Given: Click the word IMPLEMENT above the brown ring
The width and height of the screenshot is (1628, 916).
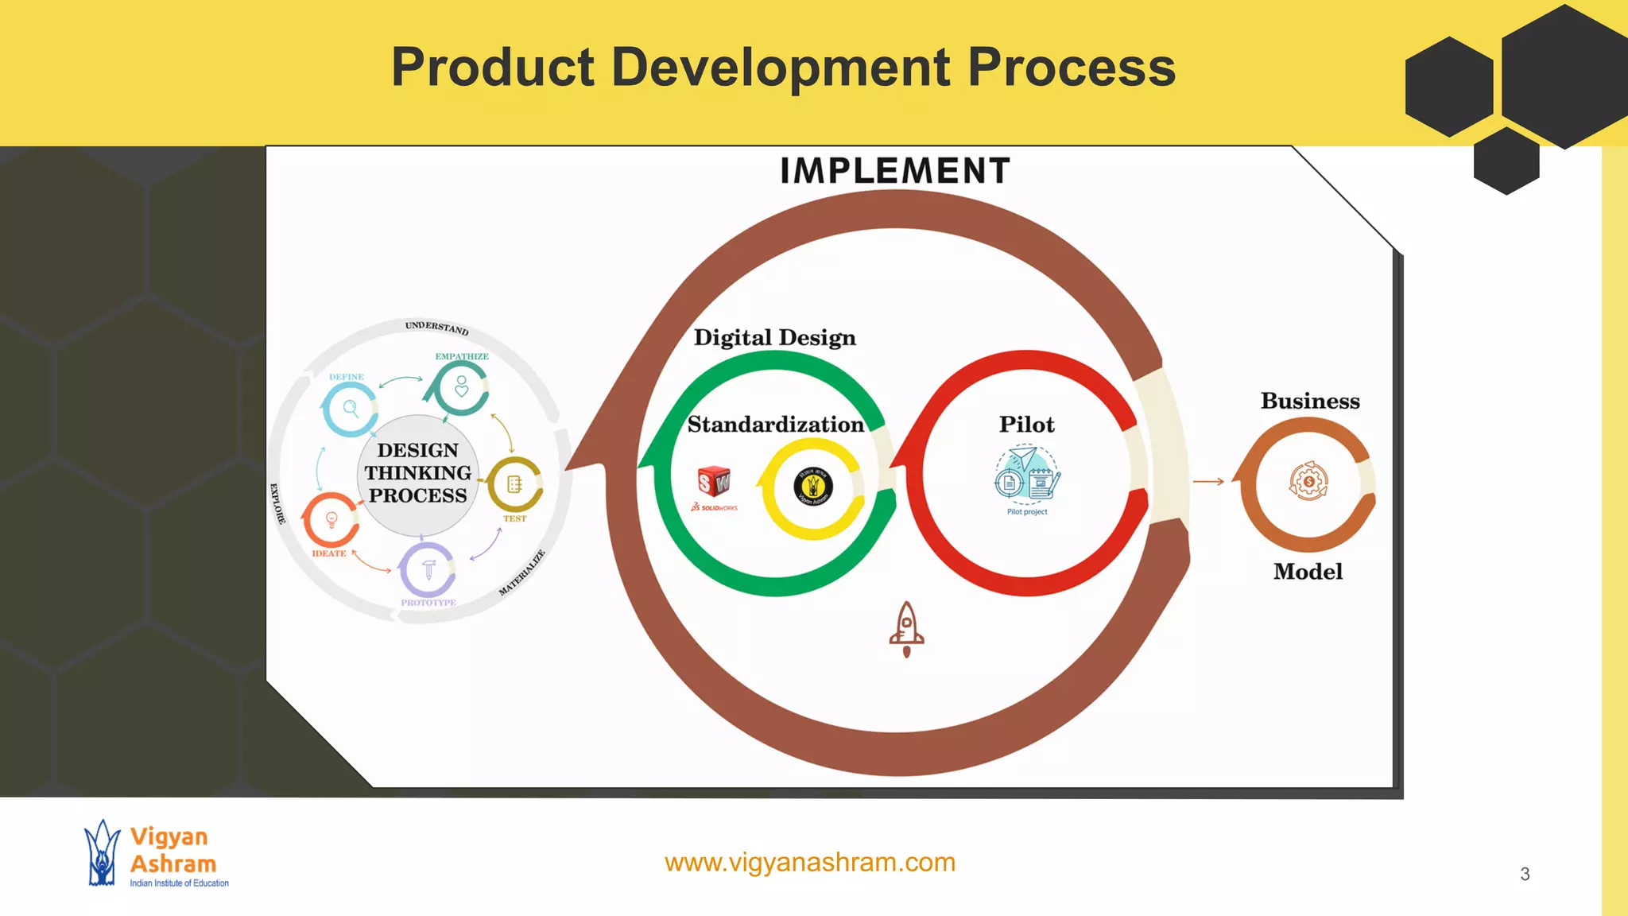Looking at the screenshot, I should tap(894, 171).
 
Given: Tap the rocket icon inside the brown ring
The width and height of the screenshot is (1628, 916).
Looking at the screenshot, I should tap(906, 628).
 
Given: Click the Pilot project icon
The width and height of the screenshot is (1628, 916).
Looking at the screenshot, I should tap(1027, 477).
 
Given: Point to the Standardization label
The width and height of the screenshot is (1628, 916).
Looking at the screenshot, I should tap(775, 425).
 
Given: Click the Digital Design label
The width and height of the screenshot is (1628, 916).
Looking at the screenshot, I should tap(774, 338).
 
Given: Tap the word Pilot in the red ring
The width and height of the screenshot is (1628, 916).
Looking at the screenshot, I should tap(1026, 425).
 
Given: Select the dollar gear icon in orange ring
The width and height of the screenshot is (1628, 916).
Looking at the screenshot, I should tap(1308, 481).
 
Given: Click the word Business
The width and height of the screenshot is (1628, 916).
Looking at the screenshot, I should tap(1310, 401).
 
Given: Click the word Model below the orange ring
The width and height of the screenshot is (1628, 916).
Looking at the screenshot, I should tap(1308, 572).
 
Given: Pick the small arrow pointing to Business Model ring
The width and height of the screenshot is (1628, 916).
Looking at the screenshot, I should tap(1208, 481).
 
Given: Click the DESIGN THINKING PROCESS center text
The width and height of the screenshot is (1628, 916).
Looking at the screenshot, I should tap(418, 473).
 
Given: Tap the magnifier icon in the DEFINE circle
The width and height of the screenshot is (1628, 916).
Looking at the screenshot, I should tap(351, 409).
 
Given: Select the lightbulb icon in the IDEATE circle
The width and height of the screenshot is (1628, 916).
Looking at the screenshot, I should tap(331, 519).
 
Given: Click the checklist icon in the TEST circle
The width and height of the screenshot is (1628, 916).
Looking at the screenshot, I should tap(514, 483).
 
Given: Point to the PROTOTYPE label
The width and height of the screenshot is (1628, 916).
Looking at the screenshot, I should tap(428, 603).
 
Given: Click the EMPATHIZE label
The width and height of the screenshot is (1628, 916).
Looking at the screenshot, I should tap(462, 356).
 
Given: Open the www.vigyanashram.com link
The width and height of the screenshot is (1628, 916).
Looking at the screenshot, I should tap(809, 862).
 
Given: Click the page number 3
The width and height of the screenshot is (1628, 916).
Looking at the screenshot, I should tap(1525, 874).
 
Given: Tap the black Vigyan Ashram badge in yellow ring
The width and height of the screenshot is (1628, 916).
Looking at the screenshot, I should tap(812, 487).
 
